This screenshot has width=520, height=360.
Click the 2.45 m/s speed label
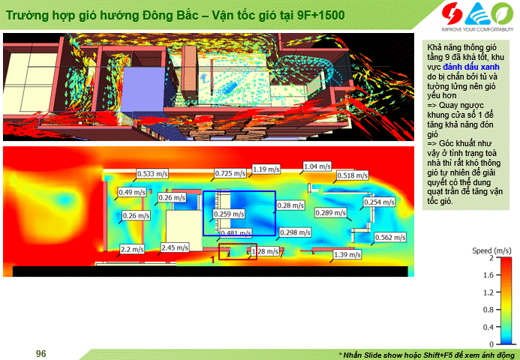coord(175,247)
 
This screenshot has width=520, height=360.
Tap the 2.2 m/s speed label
coord(132,249)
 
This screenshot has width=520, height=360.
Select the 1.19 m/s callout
coord(266,169)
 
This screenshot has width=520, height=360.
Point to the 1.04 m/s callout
coord(317,166)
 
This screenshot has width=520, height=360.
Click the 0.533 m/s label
coord(152,173)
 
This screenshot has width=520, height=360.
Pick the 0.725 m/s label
coord(230,173)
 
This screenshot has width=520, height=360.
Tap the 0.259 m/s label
coord(229,214)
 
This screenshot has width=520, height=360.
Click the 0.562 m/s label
coord(390,237)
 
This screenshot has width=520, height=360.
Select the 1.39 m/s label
coord(347,254)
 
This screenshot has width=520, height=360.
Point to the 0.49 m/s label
coord(132,192)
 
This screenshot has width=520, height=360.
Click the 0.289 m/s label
coord(331,212)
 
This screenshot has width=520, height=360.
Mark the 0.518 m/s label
coord(352,175)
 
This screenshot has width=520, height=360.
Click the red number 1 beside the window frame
coord(213,260)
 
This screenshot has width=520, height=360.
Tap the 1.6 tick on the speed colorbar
coord(491,274)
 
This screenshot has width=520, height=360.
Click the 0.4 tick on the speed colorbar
coord(491,327)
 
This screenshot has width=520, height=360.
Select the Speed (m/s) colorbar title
coord(491,250)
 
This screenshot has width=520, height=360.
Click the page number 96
coord(41,354)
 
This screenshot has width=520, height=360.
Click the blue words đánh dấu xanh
coord(471,67)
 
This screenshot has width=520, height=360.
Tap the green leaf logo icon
coord(502,13)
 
